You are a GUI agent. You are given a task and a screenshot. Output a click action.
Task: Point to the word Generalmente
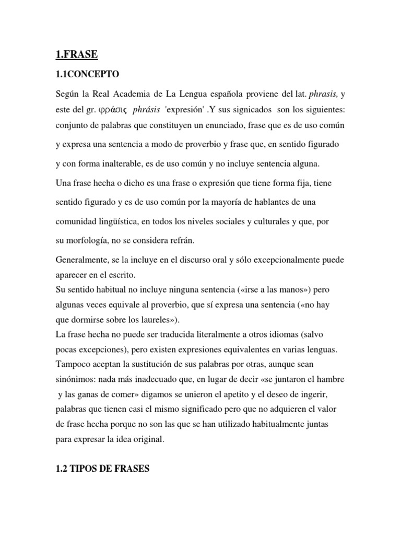(x=82, y=260)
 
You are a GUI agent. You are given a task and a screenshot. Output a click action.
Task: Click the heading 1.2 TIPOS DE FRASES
(x=102, y=455)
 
